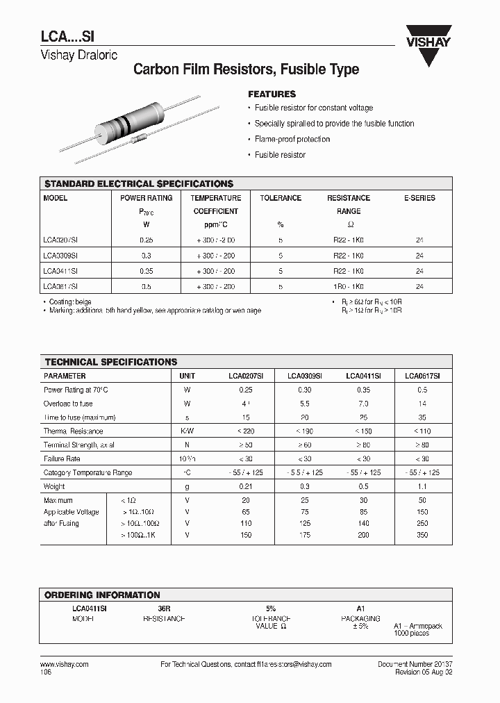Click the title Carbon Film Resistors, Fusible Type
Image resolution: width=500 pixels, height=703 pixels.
coord(246,69)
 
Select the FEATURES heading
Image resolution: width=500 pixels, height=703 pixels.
coord(272,94)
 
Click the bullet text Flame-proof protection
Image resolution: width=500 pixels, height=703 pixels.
coord(292,139)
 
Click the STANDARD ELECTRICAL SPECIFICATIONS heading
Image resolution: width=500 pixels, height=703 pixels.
coord(139,184)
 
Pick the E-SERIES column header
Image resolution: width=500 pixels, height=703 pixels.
coord(419,198)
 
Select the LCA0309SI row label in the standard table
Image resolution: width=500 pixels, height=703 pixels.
coord(60,255)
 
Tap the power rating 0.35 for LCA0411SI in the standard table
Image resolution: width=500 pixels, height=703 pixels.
coord(146,270)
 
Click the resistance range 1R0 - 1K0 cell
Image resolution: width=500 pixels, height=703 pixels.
coord(349,286)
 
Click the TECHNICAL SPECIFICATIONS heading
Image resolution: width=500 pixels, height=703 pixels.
coord(111,362)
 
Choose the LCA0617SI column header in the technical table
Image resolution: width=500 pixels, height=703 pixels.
coord(422,376)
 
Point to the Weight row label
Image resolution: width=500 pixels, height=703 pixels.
coord(54,486)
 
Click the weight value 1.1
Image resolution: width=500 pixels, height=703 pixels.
coord(422,486)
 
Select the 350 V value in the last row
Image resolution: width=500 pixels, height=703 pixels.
coord(422,535)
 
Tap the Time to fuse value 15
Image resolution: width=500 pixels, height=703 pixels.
coord(246,417)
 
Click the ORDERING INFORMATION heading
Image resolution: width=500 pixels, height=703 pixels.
coord(102,595)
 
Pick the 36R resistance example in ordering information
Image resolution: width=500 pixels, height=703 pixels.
coord(164,607)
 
